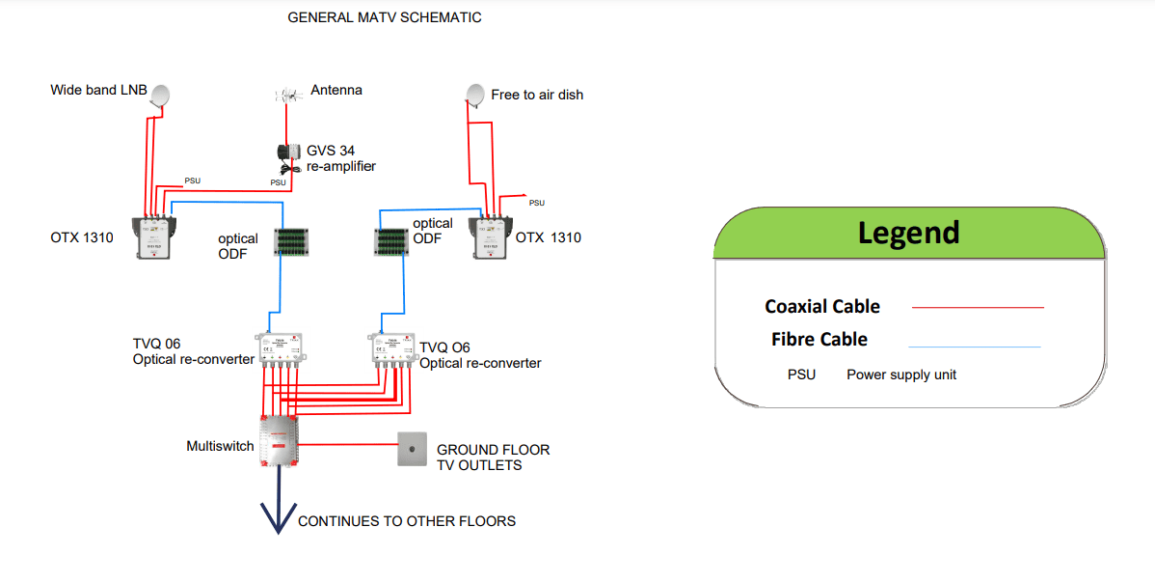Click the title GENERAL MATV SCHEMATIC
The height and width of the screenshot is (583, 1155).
click(x=385, y=17)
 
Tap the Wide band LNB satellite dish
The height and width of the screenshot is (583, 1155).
click(x=161, y=96)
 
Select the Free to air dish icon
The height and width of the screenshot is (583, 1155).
click(x=475, y=95)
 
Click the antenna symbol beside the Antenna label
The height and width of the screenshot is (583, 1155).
click(x=287, y=95)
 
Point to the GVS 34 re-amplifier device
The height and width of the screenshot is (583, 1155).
click(x=287, y=154)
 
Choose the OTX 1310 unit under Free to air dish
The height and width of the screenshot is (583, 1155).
click(x=492, y=237)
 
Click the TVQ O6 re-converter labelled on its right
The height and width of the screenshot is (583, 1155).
click(x=392, y=348)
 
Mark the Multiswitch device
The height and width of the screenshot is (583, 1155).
click(x=280, y=442)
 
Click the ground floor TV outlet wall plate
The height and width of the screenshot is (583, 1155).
click(x=413, y=449)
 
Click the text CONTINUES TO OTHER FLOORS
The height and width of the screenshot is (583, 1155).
click(x=407, y=521)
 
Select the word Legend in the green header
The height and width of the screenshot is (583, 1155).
click(x=908, y=233)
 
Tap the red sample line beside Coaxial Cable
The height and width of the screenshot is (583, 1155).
click(x=978, y=307)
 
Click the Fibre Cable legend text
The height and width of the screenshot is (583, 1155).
click(x=819, y=339)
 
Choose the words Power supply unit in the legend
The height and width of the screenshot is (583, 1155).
click(x=901, y=375)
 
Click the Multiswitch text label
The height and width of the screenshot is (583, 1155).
click(x=220, y=446)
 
